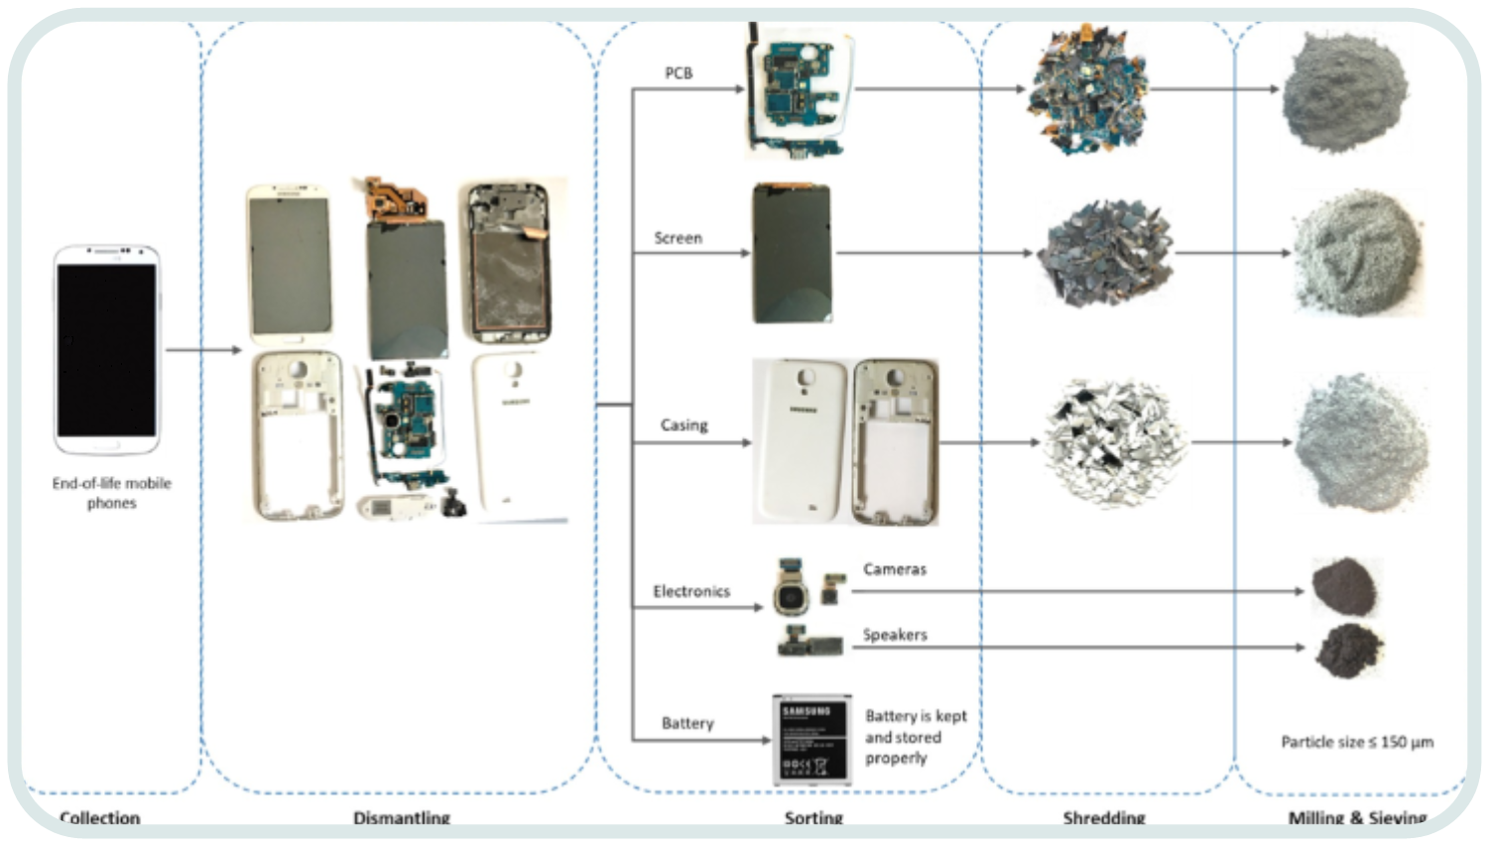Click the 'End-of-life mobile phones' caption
pyautogui.click(x=111, y=493)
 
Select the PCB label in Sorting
pyautogui.click(x=679, y=73)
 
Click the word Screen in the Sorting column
pyautogui.click(x=678, y=238)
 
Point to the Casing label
pyautogui.click(x=684, y=425)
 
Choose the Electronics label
pyautogui.click(x=690, y=591)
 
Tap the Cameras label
pyautogui.click(x=894, y=569)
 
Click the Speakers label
pyautogui.click(x=894, y=635)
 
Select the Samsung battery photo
pyautogui.click(x=811, y=740)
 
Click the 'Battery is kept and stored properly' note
pyautogui.click(x=915, y=737)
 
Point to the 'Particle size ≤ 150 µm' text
pyautogui.click(x=1356, y=742)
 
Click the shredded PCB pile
pyautogui.click(x=1085, y=91)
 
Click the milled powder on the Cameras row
pyautogui.click(x=1344, y=586)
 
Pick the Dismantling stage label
pyautogui.click(x=401, y=818)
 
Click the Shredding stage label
pyautogui.click(x=1103, y=818)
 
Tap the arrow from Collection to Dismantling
pyautogui.click(x=203, y=350)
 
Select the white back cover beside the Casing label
pyautogui.click(x=801, y=441)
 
